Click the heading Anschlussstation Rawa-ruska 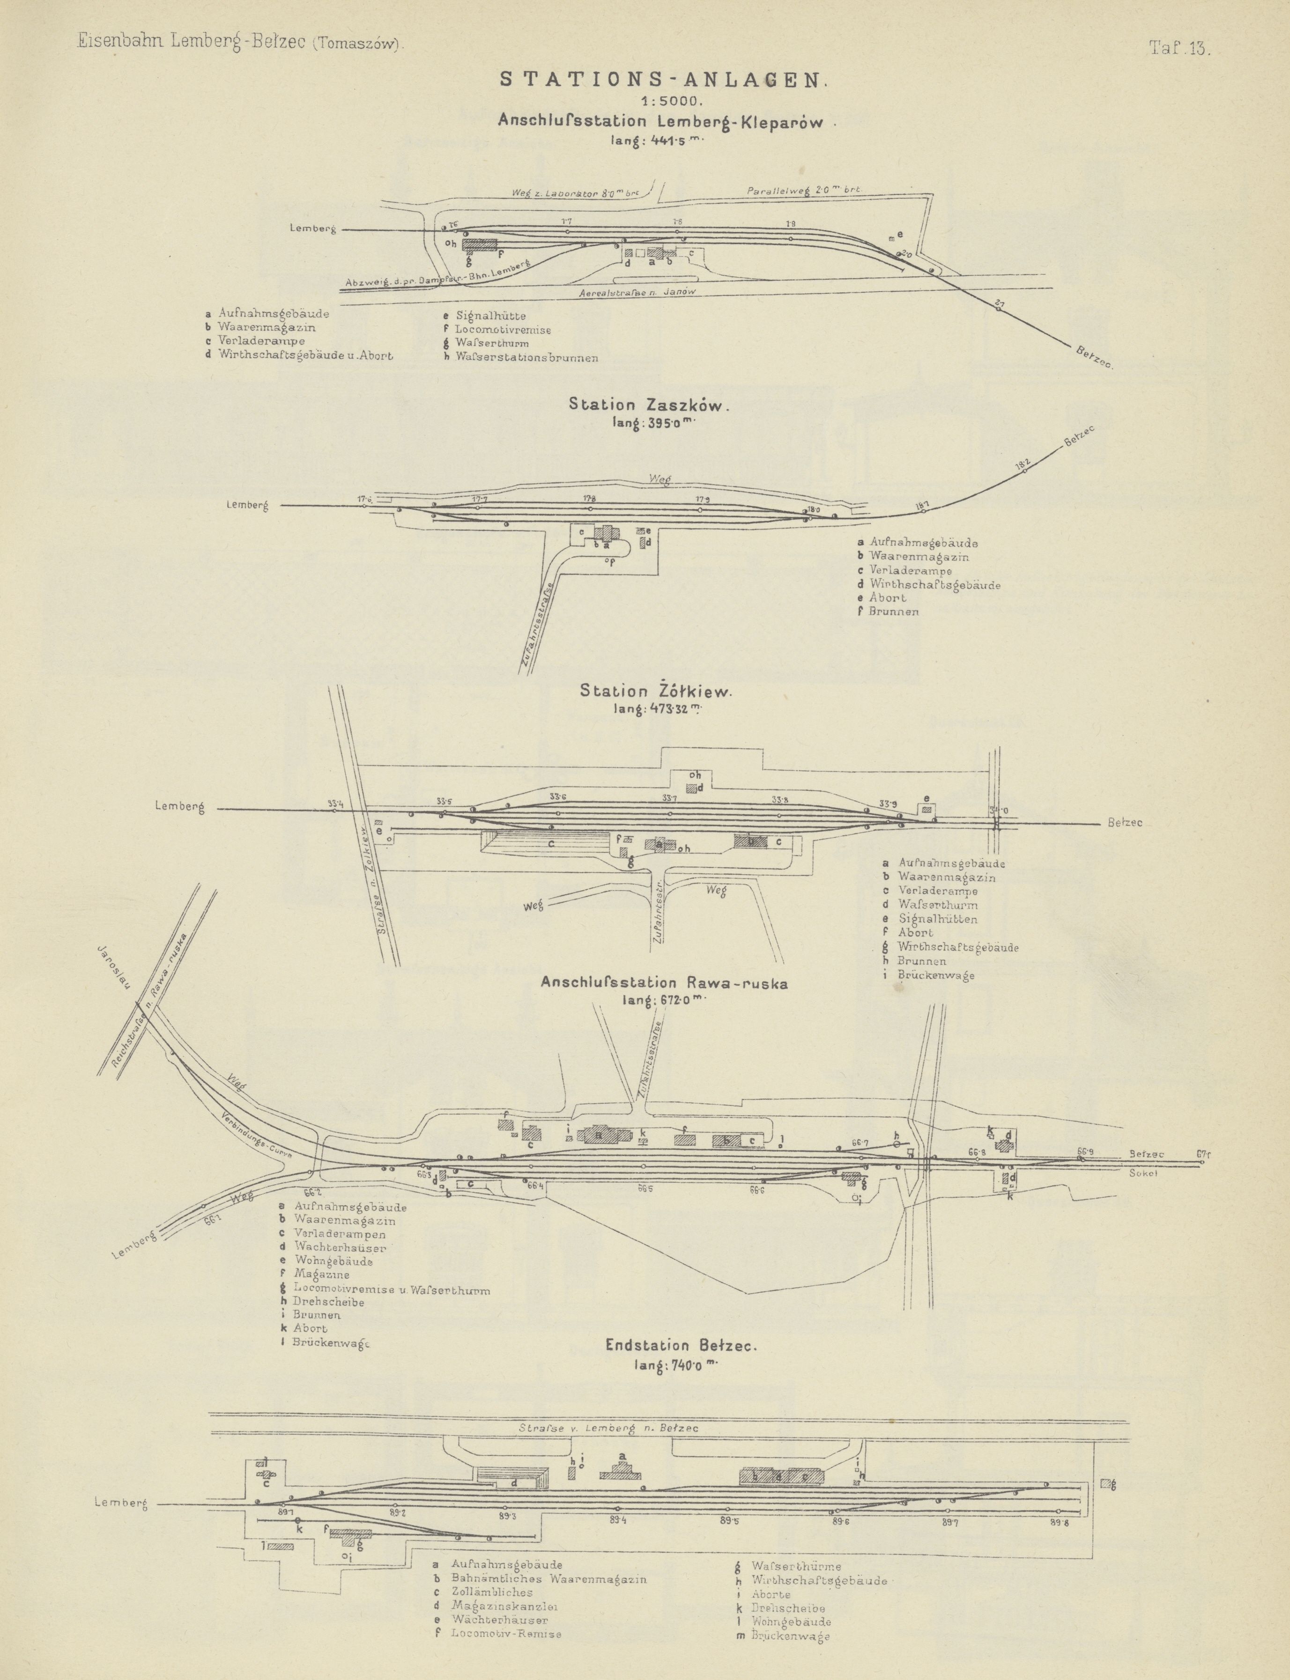663,983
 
